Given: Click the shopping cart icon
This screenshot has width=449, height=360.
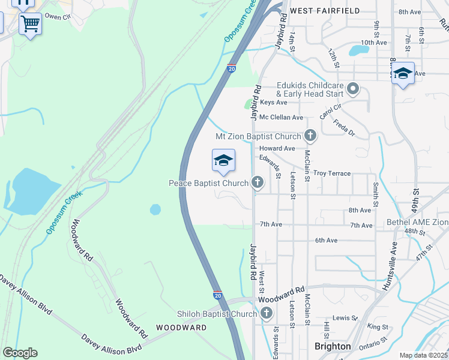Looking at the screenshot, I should click(x=30, y=24).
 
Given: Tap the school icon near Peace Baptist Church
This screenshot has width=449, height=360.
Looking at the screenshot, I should click(x=223, y=160).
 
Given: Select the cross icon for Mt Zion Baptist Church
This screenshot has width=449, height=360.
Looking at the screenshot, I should click(x=310, y=136).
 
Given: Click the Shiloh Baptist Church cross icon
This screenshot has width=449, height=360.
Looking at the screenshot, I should click(x=266, y=313).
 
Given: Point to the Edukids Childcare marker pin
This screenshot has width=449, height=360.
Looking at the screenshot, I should click(x=353, y=90).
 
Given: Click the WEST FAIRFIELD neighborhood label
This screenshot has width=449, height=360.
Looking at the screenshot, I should click(x=325, y=11).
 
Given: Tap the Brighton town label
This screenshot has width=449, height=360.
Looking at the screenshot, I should click(x=333, y=346).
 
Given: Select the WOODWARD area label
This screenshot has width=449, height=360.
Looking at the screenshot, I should click(x=181, y=328).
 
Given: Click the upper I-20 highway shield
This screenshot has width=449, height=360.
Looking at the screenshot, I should click(x=232, y=69).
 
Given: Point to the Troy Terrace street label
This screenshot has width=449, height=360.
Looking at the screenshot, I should click(x=332, y=173).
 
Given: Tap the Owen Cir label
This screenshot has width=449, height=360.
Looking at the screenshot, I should click(x=58, y=17).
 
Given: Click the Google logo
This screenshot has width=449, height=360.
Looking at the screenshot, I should click(x=19, y=353).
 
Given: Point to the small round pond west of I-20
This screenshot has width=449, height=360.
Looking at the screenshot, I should click(x=155, y=209).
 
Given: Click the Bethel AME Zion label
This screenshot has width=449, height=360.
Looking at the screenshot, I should click(x=417, y=222).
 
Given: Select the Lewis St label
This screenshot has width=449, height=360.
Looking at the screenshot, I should click(x=345, y=317).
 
